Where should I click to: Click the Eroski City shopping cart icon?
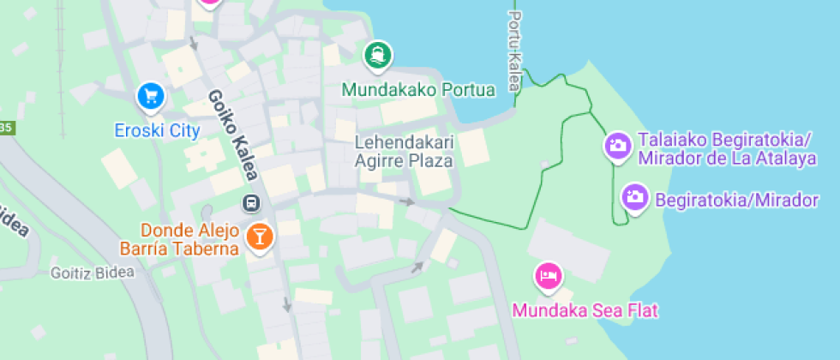click(151, 94)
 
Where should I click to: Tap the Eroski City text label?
click(158, 131)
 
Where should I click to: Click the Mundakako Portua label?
click(418, 89)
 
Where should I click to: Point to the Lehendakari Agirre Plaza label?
click(404, 150)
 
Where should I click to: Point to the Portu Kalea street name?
click(513, 51)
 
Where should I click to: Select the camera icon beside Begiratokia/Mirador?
click(635, 196)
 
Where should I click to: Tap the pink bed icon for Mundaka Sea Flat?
click(548, 276)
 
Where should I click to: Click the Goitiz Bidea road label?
click(93, 273)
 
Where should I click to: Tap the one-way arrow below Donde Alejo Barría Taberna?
click(287, 304)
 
